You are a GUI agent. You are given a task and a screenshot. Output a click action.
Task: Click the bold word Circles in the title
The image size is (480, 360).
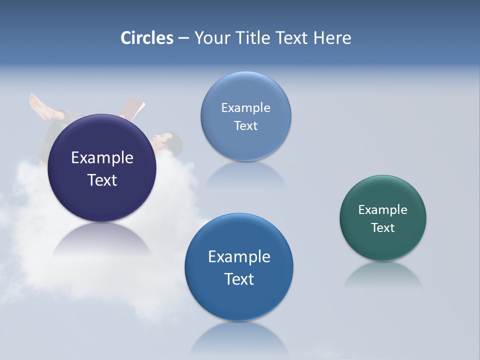[147, 38]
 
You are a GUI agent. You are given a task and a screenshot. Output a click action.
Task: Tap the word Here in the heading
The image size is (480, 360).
[332, 38]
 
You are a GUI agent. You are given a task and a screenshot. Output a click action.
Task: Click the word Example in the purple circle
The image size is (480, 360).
[102, 158]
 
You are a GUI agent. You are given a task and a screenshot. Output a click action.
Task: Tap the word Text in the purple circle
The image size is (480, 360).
[102, 180]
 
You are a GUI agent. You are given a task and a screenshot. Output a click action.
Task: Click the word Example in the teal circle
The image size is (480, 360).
[383, 210]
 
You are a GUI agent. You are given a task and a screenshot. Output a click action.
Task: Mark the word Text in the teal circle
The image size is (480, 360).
[383, 228]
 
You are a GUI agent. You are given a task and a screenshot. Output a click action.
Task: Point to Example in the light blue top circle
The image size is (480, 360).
[245, 108]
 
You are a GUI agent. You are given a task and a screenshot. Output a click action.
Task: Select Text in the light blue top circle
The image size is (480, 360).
[245, 126]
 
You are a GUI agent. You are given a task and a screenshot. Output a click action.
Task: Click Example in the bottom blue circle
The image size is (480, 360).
[239, 257]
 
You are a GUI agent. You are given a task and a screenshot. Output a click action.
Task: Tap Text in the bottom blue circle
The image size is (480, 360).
[239, 279]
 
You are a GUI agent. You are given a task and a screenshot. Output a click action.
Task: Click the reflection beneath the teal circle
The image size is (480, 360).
[383, 275]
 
